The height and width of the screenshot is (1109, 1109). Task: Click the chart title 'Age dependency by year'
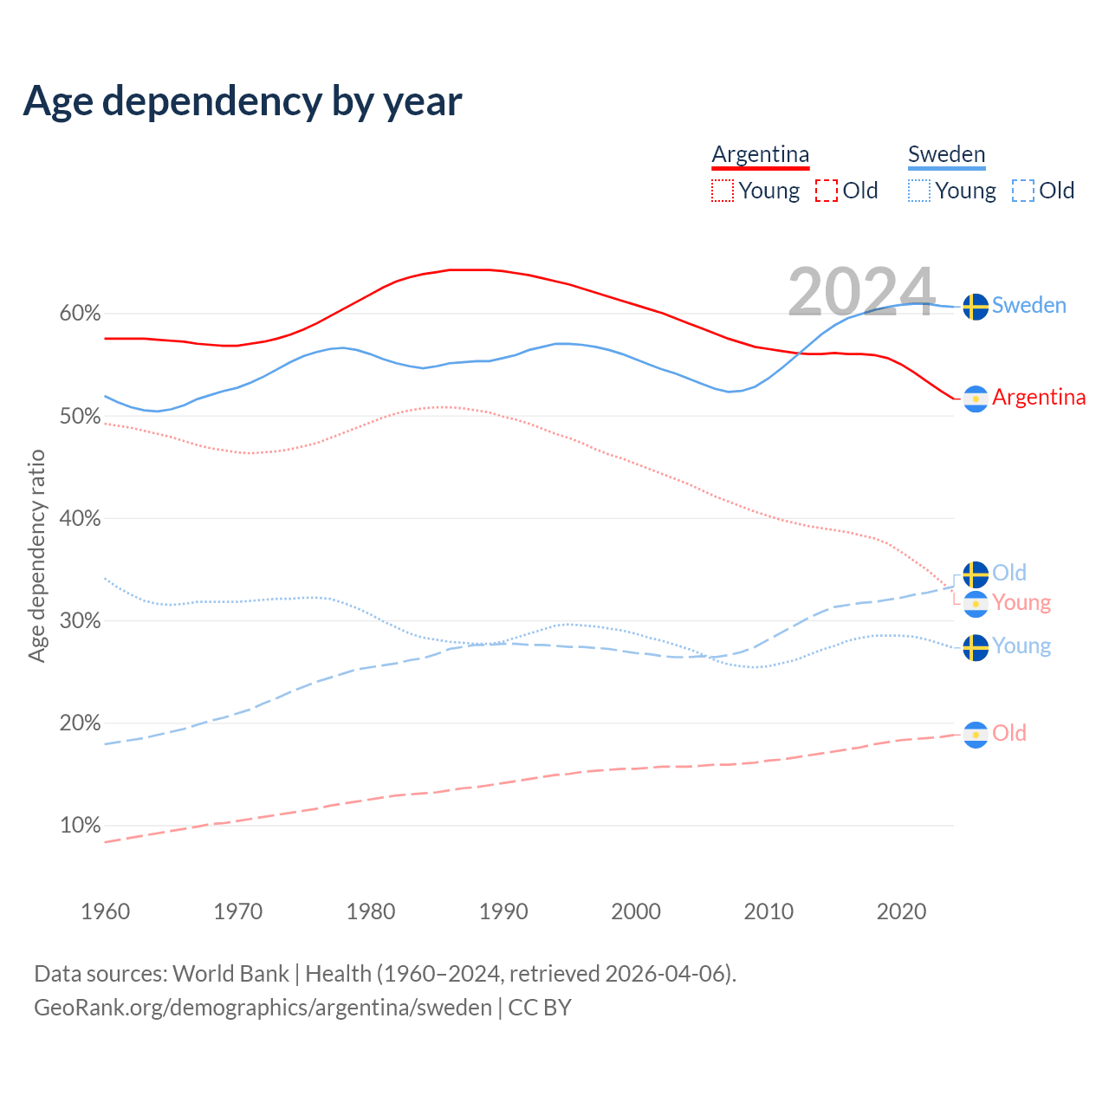click(243, 101)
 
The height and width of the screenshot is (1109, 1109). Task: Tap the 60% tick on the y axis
click(80, 314)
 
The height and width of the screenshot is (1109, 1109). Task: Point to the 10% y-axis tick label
click(80, 826)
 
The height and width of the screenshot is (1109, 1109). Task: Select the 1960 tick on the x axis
click(105, 911)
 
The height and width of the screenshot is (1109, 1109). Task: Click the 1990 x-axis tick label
click(503, 911)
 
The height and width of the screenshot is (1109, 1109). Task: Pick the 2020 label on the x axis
click(901, 911)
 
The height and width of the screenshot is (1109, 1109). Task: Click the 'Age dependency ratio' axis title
click(36, 555)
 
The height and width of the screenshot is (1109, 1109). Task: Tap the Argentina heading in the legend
click(761, 154)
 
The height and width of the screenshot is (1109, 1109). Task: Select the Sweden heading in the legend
click(946, 154)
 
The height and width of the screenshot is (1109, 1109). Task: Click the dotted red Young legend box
click(723, 191)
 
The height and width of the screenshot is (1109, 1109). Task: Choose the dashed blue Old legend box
click(1023, 191)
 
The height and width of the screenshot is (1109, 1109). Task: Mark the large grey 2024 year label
click(861, 291)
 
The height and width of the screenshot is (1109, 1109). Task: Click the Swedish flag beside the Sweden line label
click(976, 307)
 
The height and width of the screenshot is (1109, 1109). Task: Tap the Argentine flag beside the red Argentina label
click(976, 399)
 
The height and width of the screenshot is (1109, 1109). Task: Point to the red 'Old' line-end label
click(1009, 733)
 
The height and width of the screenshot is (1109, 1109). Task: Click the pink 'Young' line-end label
click(1021, 602)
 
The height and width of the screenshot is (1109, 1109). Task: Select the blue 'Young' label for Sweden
click(1021, 645)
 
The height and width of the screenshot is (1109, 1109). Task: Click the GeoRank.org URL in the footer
click(263, 1008)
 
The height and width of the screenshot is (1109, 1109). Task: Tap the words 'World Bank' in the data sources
click(230, 974)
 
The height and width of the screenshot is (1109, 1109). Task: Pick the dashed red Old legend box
click(827, 191)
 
